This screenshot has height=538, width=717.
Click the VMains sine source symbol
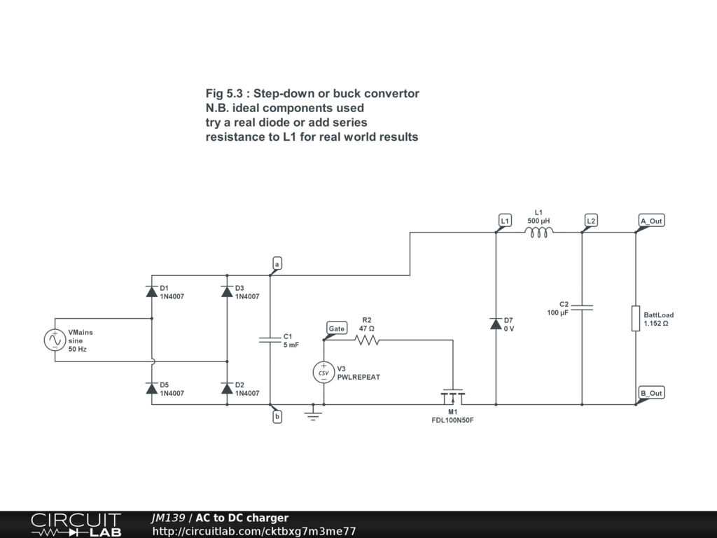click(x=55, y=340)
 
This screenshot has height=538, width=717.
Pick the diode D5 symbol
click(x=152, y=389)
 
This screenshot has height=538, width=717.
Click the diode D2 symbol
click(x=227, y=389)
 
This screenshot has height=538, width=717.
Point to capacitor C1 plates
click(x=270, y=340)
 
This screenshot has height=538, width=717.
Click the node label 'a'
click(x=277, y=264)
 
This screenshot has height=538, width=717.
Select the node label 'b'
click(x=277, y=417)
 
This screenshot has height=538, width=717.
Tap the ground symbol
click(x=313, y=415)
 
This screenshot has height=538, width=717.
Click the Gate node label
click(x=337, y=328)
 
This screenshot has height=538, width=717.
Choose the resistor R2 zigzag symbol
click(x=366, y=340)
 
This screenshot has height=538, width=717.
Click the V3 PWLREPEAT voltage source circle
click(x=323, y=372)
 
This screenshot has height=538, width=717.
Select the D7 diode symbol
click(x=496, y=324)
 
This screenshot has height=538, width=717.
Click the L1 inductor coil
click(x=538, y=232)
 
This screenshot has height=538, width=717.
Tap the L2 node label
click(x=591, y=221)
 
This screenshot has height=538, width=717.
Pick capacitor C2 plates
click(x=582, y=307)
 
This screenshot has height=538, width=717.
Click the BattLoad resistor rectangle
click(x=635, y=318)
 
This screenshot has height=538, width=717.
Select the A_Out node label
click(x=651, y=221)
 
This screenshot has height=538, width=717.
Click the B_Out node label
click(x=651, y=393)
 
